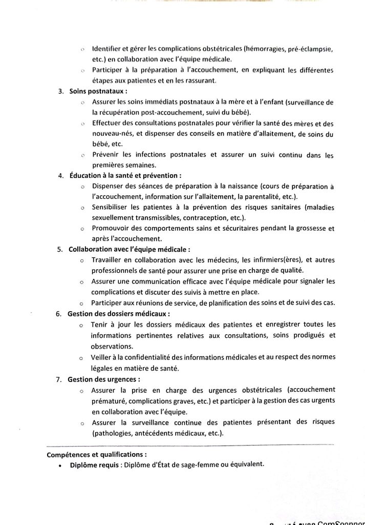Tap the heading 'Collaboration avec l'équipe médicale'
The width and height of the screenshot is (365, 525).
click(128, 250)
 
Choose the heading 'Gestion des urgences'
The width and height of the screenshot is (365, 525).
click(103, 380)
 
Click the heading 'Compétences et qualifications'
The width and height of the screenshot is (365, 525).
click(96, 454)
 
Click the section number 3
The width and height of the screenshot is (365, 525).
click(60, 92)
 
